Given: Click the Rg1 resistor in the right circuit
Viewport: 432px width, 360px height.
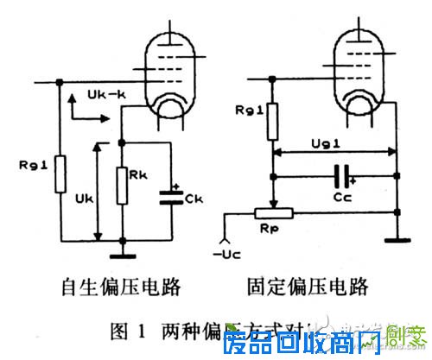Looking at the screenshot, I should click(x=273, y=121).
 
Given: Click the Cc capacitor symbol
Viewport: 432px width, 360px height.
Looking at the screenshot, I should click(x=343, y=176).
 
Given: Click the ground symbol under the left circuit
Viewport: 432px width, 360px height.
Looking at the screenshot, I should click(x=123, y=254).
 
